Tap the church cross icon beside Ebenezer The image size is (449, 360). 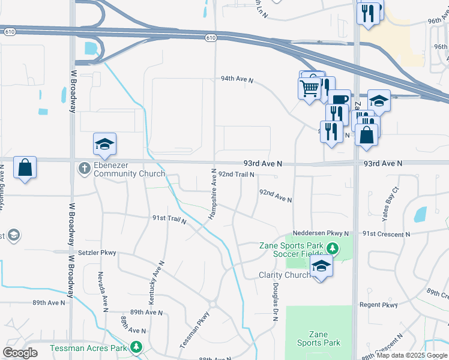[84, 169]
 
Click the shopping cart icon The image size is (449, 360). [309, 89]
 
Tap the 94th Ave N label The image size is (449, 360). [237, 79]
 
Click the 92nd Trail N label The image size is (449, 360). [236, 174]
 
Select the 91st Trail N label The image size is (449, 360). [169, 220]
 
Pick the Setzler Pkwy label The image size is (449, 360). [96, 253]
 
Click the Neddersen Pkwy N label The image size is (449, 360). [321, 233]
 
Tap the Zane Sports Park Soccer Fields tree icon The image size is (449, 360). [331, 246]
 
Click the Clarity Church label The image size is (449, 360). [283, 275]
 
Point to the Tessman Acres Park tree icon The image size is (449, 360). [137, 347]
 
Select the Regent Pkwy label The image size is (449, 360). [379, 305]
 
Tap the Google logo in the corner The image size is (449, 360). [20, 353]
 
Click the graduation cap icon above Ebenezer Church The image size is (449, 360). [104, 145]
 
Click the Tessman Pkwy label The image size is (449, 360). [195, 330]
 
